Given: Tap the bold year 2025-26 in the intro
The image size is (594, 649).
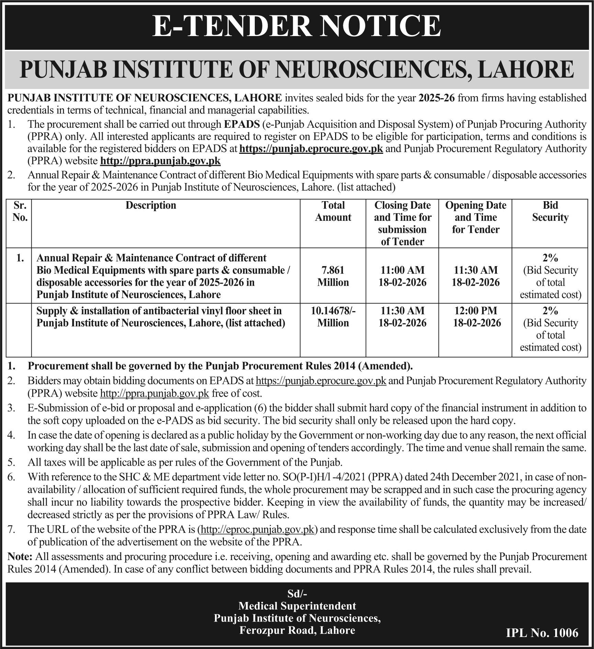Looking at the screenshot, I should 437,98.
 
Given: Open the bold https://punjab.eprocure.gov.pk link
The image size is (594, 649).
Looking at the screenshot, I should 311,149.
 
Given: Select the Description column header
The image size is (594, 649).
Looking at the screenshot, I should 151,205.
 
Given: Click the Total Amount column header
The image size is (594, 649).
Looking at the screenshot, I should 333,211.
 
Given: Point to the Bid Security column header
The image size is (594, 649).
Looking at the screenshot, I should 550,211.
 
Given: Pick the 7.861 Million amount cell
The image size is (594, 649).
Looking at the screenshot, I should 333,276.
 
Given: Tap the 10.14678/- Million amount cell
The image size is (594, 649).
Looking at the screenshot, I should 333,317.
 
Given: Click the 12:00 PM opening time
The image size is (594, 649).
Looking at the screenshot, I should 476,311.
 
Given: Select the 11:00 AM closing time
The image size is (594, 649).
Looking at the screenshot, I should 402,270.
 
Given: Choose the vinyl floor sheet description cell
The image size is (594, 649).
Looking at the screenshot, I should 161,317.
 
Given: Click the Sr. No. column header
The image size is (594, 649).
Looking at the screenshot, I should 20,211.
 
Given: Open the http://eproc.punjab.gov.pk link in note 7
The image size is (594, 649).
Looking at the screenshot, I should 258,530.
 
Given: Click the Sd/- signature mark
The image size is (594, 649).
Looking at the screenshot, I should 297,593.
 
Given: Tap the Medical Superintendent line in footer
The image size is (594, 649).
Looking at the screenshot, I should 297,605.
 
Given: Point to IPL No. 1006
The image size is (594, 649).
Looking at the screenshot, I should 542,633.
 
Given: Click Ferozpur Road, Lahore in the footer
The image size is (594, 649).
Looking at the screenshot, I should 297,630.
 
